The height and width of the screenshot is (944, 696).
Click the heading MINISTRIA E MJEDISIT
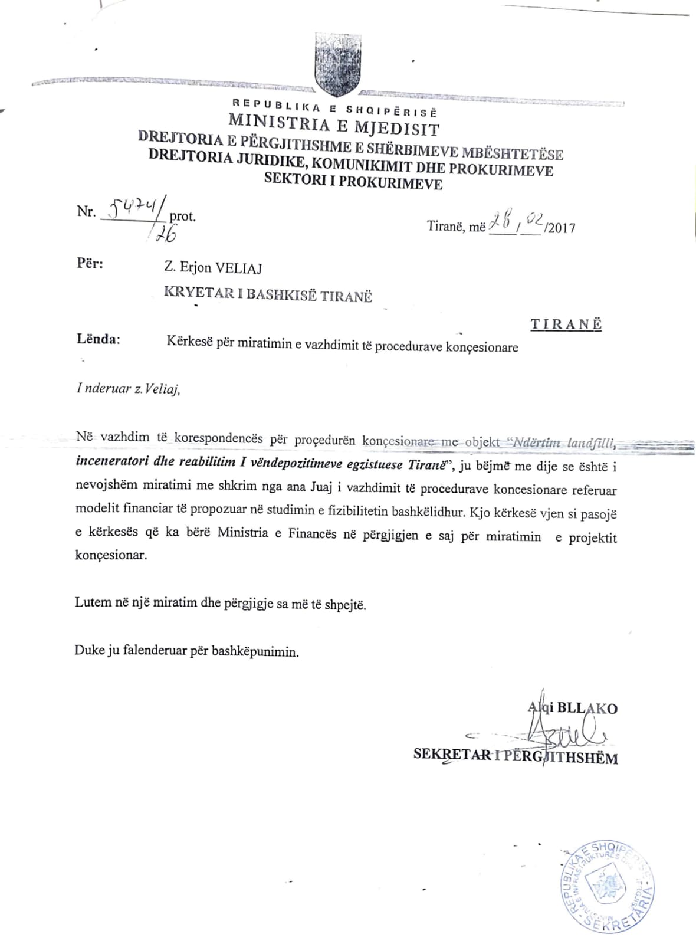pos(334,124)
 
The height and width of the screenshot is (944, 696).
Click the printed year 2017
pos(562,228)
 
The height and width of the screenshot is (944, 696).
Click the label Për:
pos(90,263)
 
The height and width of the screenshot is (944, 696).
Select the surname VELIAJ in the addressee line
pos(238,268)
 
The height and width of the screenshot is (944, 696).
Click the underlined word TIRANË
pos(566,324)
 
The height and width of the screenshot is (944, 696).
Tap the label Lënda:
pos(98,339)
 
